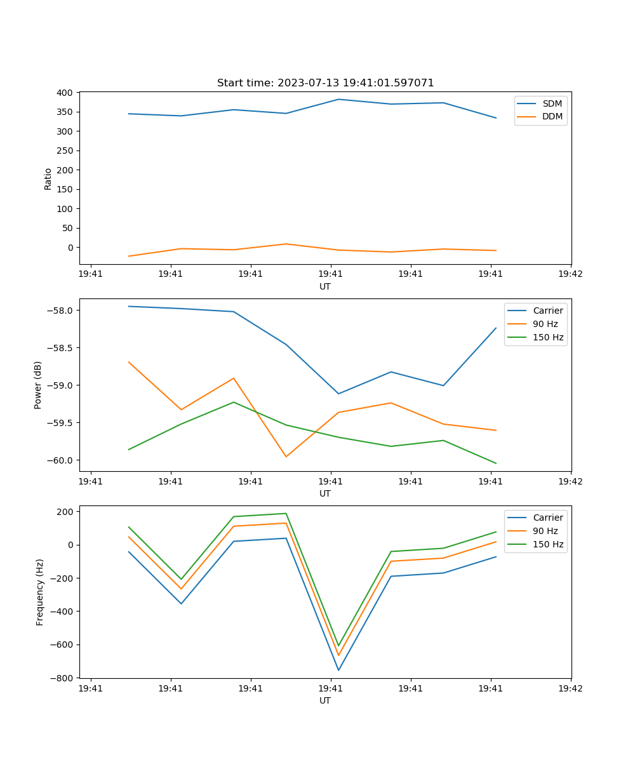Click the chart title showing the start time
tap(325, 83)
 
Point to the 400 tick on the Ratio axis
tap(64, 93)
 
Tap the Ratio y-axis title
tap(48, 178)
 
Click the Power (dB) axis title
tap(38, 385)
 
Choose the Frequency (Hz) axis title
tap(40, 592)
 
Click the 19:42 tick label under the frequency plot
tap(570, 688)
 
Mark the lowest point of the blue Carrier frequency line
tap(338, 670)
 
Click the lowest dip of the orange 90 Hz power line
tap(286, 457)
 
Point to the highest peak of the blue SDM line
tap(338, 99)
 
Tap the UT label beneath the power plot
tap(325, 493)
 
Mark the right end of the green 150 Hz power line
tap(496, 464)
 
